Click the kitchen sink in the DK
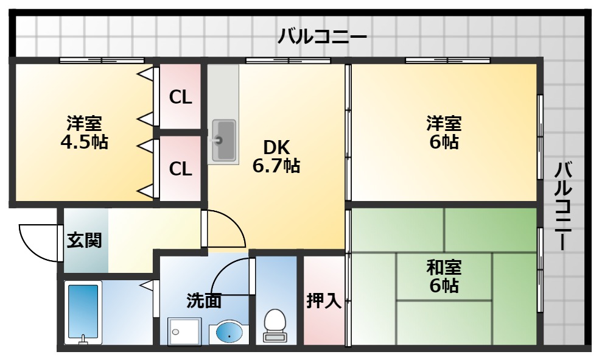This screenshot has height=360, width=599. [224, 141]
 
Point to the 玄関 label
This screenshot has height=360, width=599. [84, 240]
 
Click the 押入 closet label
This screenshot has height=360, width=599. [324, 300]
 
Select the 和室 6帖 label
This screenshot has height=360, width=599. [443, 277]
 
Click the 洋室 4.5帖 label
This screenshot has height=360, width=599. [84, 133]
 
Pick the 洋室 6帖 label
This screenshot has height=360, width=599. [443, 133]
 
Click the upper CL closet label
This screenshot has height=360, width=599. [180, 97]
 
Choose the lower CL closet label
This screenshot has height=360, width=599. [180, 168]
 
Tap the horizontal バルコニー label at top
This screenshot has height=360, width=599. [322, 37]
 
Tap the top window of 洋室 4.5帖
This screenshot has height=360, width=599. [102, 60]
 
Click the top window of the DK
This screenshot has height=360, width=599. [288, 60]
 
